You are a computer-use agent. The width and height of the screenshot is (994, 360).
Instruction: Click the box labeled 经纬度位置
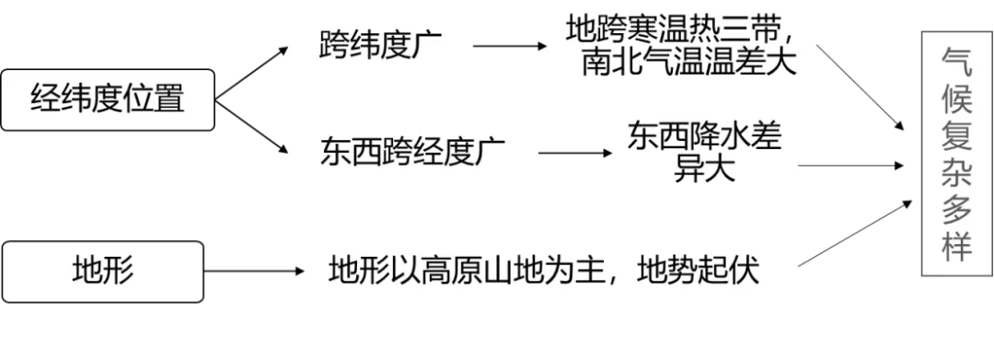click(108, 99)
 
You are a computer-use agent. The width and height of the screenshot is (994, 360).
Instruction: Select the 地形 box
click(103, 272)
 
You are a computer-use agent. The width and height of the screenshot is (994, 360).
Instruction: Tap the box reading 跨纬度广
click(380, 44)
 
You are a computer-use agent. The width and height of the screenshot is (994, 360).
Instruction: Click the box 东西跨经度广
click(401, 151)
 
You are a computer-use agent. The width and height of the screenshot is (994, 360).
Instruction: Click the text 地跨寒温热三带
click(688, 30)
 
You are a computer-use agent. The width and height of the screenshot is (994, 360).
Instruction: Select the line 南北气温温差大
click(688, 64)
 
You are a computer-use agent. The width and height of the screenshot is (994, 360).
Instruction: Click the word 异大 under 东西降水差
click(706, 169)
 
